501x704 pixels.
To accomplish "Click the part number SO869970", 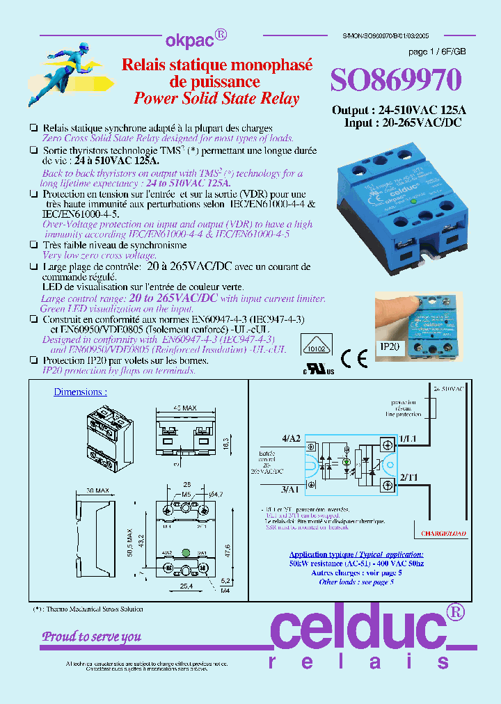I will (x=395, y=81).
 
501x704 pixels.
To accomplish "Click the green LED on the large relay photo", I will (x=413, y=202).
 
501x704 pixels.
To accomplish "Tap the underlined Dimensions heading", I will (x=81, y=392).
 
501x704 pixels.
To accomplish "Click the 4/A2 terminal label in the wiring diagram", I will (x=292, y=437).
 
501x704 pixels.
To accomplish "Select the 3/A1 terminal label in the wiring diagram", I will (x=292, y=489).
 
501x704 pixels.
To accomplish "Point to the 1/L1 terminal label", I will (x=408, y=439).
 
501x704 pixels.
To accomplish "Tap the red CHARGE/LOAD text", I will (x=443, y=534).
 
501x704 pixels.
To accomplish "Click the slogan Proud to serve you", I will (x=92, y=637).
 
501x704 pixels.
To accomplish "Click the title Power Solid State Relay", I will (x=216, y=99).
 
